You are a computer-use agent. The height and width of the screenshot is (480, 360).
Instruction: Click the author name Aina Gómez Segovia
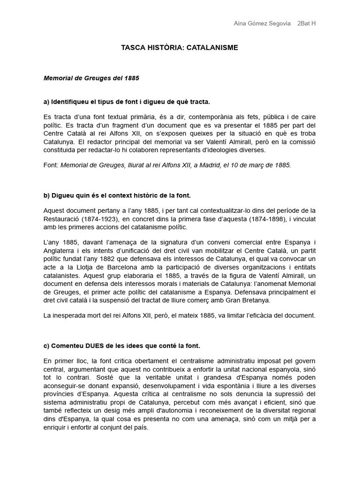click(x=262, y=24)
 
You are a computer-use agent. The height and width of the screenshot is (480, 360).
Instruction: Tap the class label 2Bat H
click(x=307, y=24)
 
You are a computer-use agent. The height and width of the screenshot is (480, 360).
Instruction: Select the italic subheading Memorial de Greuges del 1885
click(x=91, y=78)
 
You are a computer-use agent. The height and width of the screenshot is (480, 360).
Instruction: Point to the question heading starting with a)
click(x=127, y=102)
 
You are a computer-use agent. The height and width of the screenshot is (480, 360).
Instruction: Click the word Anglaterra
click(x=60, y=250)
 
